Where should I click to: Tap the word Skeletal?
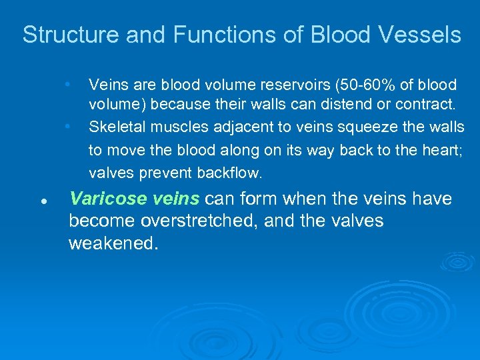tap(115, 126)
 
